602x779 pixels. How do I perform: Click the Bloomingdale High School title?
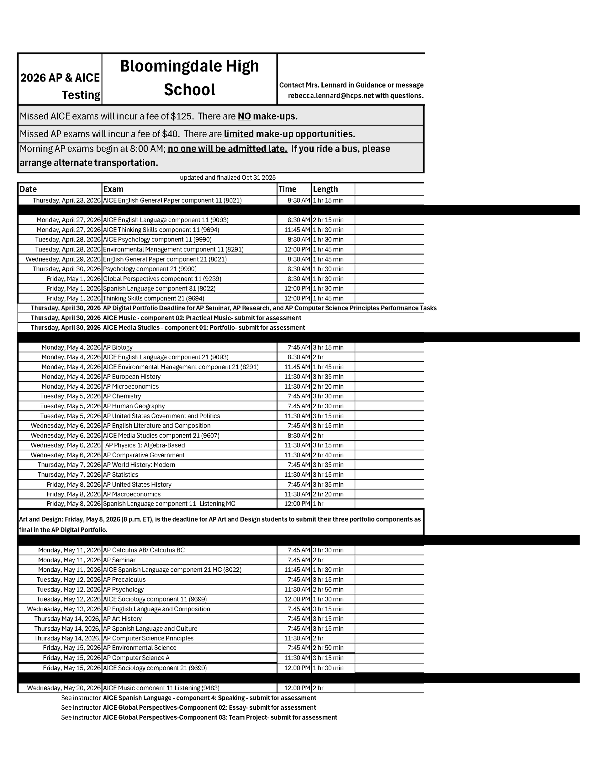point(189,78)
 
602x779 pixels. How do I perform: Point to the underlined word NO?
point(244,116)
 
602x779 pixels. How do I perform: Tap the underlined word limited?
point(239,134)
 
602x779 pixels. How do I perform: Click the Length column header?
point(325,189)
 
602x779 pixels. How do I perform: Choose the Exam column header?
point(114,189)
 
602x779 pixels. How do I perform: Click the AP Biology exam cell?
point(118,347)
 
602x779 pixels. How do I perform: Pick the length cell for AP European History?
point(328,377)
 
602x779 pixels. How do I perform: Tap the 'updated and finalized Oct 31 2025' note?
point(228,178)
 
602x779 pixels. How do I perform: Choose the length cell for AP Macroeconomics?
point(328,494)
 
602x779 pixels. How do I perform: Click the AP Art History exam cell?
point(122,619)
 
